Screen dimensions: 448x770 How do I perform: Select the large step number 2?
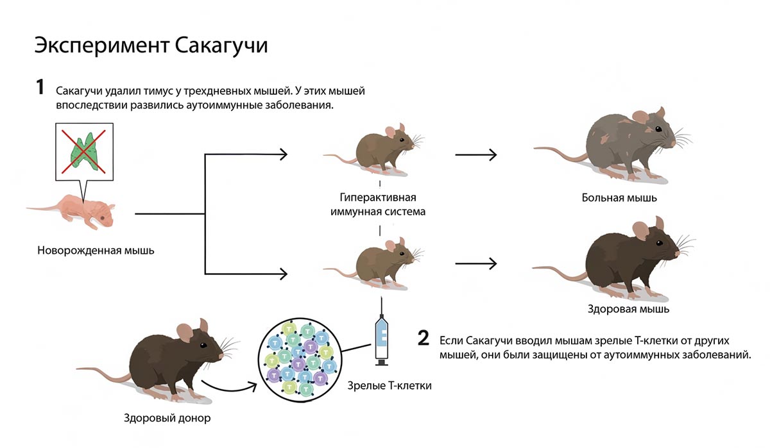[x=423, y=338]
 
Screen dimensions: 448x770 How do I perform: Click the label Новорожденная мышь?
[x=96, y=250]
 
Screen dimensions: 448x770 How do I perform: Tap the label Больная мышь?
[x=619, y=197]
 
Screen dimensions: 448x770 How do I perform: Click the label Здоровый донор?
[x=167, y=419]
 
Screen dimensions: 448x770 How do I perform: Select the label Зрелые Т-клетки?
[x=389, y=385]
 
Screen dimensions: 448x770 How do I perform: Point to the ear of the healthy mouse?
[x=640, y=230]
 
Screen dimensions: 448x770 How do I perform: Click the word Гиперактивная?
[x=377, y=196]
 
